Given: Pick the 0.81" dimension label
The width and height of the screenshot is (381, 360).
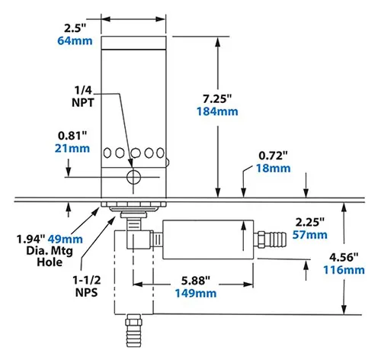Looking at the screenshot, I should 70,137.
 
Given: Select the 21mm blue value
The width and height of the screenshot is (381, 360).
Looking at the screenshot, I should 70,149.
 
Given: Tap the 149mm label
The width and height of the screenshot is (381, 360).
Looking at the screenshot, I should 196,293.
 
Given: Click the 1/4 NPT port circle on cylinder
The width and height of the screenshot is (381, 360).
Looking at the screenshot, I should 134,178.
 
